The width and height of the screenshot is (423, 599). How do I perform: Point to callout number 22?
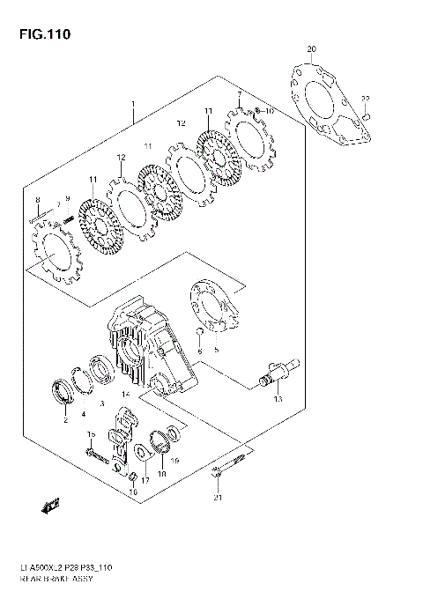click(366, 98)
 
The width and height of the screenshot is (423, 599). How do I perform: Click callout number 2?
click(65, 421)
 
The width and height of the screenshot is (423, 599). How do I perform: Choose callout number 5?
click(216, 350)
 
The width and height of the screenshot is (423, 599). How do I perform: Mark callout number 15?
click(90, 435)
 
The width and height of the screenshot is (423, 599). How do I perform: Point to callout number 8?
click(38, 200)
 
